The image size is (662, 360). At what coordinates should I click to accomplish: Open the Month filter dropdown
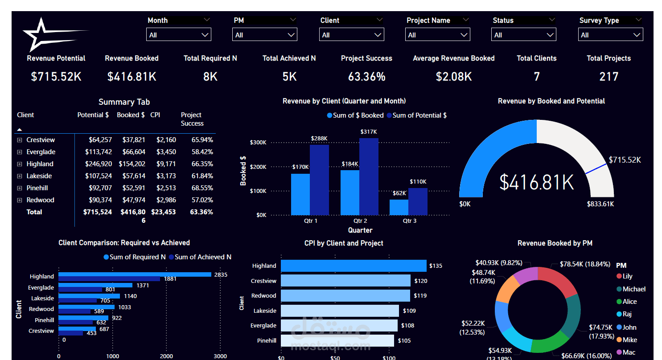[x=178, y=35]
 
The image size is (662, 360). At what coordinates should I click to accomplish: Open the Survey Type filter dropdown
[x=610, y=35]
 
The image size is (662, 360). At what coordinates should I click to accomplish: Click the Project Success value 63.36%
[x=366, y=77]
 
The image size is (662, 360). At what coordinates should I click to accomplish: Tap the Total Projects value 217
[x=609, y=77]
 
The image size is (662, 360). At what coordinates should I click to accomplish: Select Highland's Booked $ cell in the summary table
[x=132, y=164]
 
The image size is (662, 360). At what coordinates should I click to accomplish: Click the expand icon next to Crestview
[x=20, y=140]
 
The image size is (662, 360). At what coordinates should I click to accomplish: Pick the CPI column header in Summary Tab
[x=155, y=115]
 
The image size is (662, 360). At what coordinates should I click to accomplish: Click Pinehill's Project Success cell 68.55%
[x=202, y=188]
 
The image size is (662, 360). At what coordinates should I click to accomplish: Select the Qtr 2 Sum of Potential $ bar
[x=369, y=176]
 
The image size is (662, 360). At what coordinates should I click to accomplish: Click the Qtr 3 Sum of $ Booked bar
[x=399, y=207]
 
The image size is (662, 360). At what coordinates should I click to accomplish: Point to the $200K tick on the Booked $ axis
[x=258, y=167]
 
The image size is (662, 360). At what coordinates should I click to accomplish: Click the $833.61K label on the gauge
[x=600, y=204]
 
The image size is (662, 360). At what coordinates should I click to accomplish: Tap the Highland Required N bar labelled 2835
[x=135, y=274]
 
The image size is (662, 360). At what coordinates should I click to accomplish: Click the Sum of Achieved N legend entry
[x=200, y=257]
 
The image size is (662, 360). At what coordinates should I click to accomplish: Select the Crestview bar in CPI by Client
[x=345, y=281]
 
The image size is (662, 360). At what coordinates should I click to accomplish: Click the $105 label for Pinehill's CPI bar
[x=404, y=340]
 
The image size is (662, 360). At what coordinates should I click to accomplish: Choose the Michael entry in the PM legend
[x=631, y=289]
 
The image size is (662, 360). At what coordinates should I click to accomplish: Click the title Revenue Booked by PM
[x=555, y=243]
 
